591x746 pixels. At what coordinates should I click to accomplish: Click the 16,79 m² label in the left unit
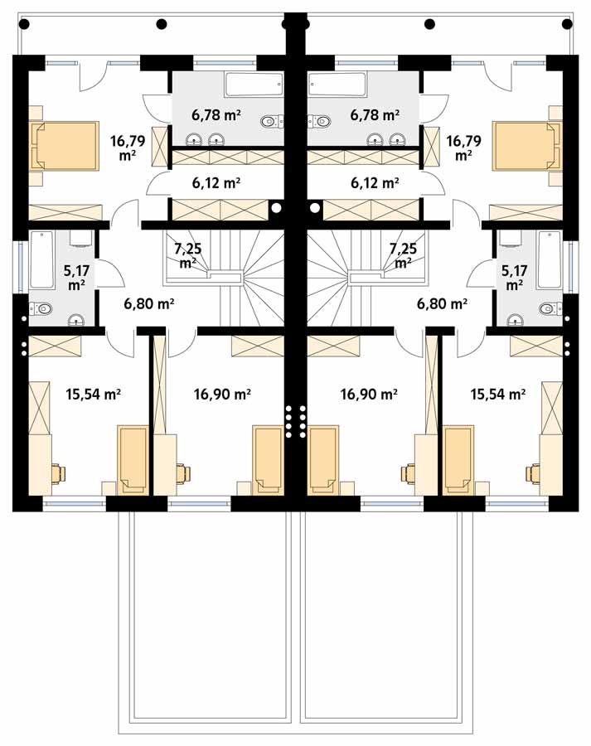(128, 148)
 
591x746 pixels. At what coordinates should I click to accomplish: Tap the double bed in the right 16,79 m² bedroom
(527, 146)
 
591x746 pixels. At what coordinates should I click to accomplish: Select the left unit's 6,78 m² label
(216, 114)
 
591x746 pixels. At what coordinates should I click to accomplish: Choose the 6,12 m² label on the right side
(375, 182)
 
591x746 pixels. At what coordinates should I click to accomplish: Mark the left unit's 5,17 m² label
(76, 278)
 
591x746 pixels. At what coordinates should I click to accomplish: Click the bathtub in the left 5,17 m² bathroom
(41, 259)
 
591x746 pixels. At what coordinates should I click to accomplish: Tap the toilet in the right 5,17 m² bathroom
(551, 309)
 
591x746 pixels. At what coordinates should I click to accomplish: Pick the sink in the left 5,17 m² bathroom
(75, 320)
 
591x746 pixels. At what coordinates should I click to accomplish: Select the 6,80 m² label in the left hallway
(149, 303)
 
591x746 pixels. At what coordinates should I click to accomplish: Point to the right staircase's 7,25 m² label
(403, 255)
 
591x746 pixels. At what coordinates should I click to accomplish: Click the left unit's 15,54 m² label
(93, 394)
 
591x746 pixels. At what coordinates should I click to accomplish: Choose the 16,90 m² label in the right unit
(369, 394)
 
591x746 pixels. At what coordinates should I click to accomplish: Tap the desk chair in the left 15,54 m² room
(59, 473)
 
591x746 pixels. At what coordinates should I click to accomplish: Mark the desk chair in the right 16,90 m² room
(409, 473)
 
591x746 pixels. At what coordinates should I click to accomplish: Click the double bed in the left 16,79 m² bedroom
(65, 146)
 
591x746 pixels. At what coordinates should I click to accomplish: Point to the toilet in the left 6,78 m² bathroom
(272, 121)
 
